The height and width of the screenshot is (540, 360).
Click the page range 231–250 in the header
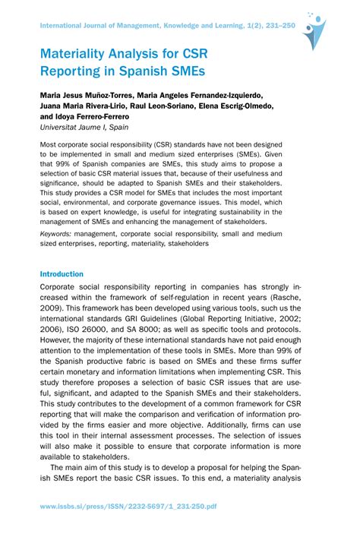click(x=268, y=24)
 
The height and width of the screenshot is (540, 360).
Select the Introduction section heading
click(x=62, y=273)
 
